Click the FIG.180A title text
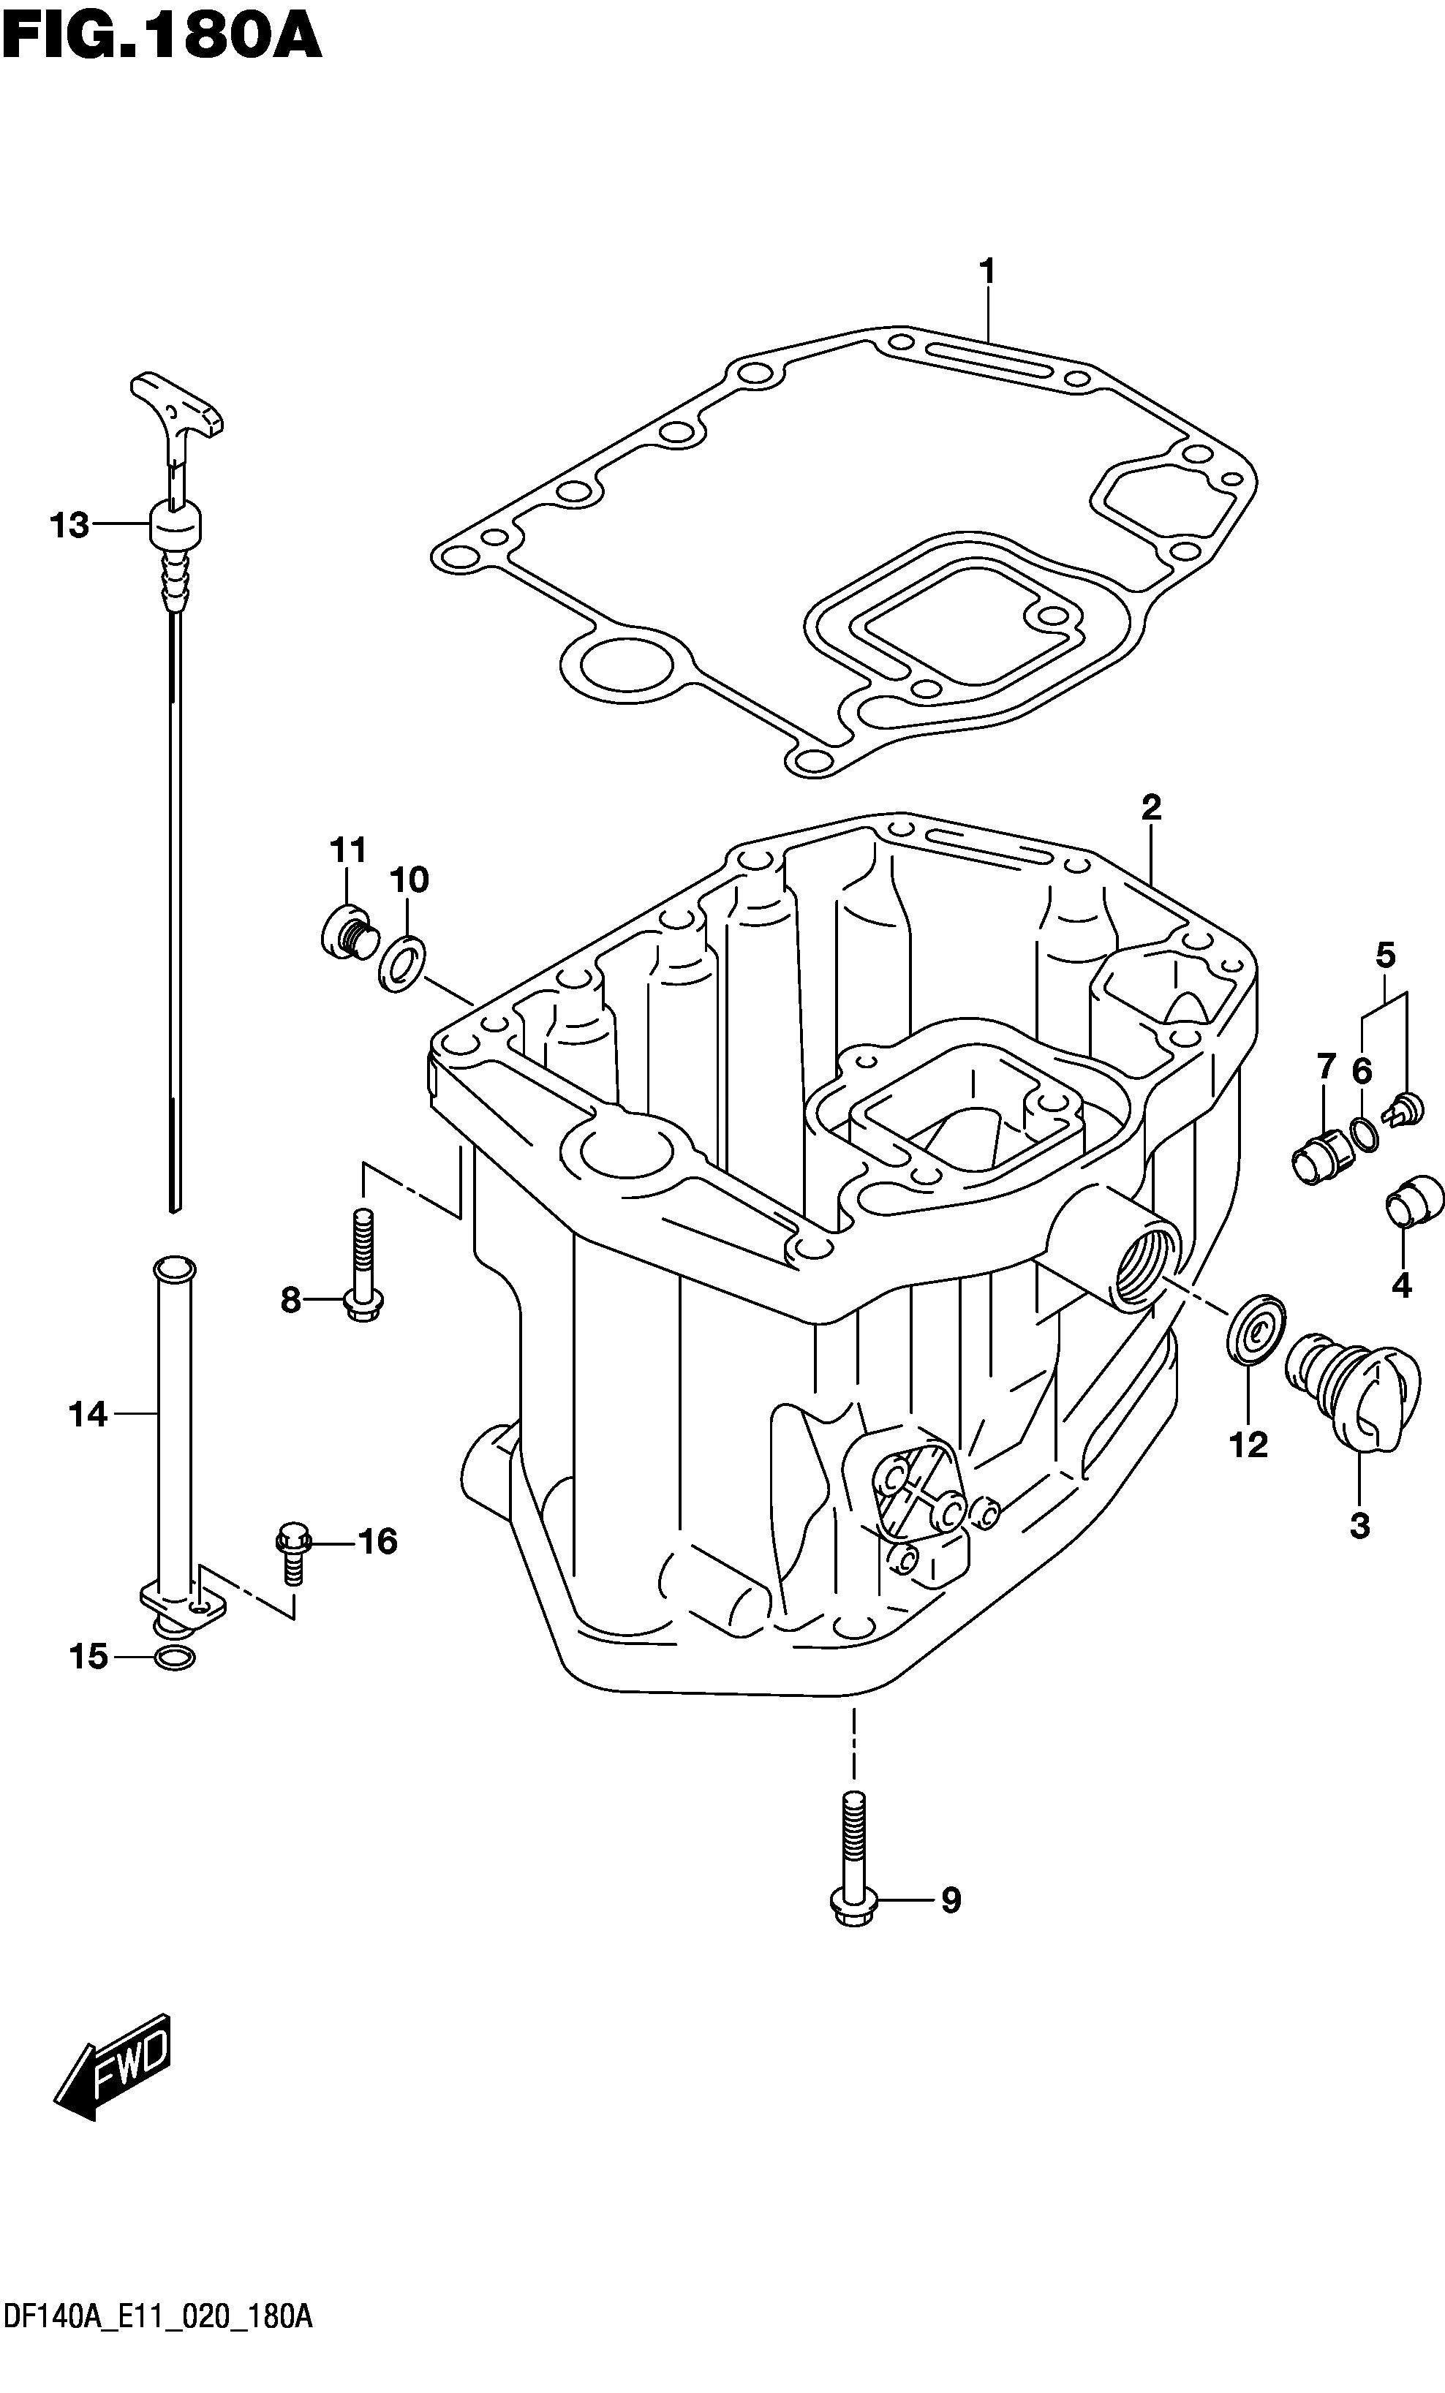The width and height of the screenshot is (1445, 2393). click(161, 38)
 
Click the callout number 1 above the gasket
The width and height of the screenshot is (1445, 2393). click(988, 272)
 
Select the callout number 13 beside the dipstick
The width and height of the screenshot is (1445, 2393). click(70, 526)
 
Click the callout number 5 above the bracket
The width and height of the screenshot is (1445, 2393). click(1386, 956)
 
